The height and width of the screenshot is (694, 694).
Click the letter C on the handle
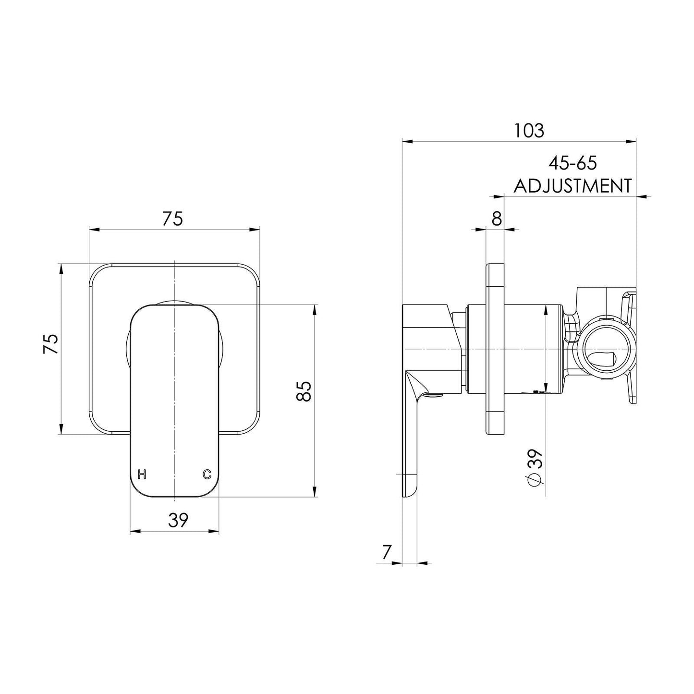click(207, 475)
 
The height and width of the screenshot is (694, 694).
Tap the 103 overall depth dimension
click(529, 131)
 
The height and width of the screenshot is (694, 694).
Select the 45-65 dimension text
click(572, 163)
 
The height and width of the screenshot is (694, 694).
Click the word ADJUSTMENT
click(572, 186)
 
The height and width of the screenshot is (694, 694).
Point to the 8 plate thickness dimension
click(497, 218)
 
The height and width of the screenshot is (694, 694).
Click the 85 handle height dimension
click(303, 391)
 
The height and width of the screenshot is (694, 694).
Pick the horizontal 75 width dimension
click(173, 219)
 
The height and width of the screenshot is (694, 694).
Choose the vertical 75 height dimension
click(51, 344)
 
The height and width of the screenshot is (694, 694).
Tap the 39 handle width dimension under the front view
click(178, 520)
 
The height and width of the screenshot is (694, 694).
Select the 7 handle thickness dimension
click(387, 552)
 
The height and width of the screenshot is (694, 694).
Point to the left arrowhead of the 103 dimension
click(407, 142)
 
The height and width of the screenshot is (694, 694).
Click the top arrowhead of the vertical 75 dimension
click(61, 269)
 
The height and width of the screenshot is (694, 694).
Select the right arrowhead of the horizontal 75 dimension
click(255, 229)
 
